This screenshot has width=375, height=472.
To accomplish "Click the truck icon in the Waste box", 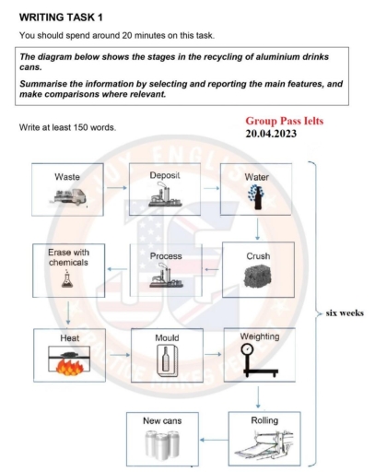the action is (68, 196).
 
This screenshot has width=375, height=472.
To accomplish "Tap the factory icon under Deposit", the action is (165, 195).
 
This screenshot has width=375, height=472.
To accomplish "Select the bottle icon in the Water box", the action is (256, 197).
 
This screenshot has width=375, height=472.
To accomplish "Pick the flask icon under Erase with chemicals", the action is (67, 278).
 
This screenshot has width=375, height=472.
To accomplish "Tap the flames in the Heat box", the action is (69, 367).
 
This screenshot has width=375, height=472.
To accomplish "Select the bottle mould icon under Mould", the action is (166, 360).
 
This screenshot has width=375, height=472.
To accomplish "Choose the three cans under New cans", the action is (162, 444).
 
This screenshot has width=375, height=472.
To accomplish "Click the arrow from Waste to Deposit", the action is (117, 188).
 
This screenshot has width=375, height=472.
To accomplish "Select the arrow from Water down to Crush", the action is (257, 229).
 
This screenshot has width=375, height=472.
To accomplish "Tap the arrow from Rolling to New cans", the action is (214, 440).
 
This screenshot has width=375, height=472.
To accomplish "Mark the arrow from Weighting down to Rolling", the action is (258, 397).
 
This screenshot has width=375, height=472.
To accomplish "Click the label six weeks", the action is (345, 313).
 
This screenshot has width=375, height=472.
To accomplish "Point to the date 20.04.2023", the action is (271, 134).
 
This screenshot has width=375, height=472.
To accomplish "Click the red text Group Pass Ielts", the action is (285, 121).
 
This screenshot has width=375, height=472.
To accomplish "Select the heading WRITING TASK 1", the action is (61, 18).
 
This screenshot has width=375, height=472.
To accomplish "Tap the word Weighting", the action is (260, 336).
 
